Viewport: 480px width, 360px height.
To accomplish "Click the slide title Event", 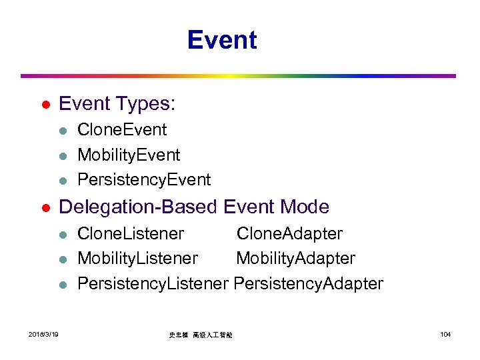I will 221,40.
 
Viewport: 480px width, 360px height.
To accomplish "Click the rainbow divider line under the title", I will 238,76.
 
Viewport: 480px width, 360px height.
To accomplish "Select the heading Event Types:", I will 117,103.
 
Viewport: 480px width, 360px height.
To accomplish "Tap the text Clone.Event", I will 122,130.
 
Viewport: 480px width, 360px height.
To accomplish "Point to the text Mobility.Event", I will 129,155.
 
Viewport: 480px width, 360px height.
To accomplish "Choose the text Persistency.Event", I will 144,179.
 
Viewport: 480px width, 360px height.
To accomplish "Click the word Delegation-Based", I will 138,207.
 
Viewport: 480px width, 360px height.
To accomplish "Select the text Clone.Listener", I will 131,234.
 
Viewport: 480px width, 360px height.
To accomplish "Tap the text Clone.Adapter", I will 289,234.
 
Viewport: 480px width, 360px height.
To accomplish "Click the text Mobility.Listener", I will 137,258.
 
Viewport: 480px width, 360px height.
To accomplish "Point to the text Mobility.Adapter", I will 295,258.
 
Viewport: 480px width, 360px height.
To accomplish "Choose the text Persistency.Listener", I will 153,283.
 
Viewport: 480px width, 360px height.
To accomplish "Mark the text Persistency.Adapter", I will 309,283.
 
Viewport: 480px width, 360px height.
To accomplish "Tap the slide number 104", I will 445,333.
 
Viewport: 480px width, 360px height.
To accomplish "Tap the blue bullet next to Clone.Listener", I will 62,235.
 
